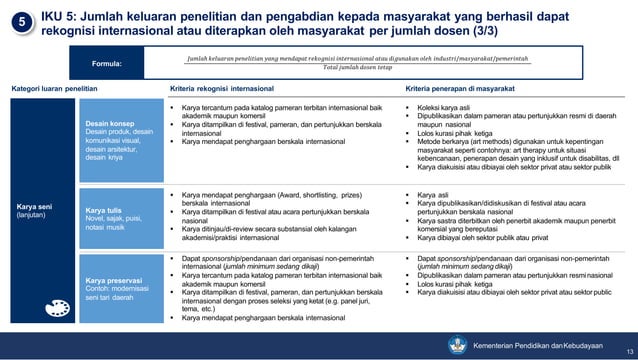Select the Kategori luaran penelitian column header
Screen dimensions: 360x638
55,89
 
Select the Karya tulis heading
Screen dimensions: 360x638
102,210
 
